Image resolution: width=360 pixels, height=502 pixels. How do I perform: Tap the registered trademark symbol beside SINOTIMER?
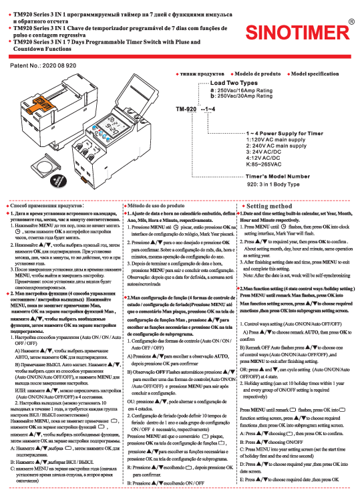(x=351, y=21)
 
